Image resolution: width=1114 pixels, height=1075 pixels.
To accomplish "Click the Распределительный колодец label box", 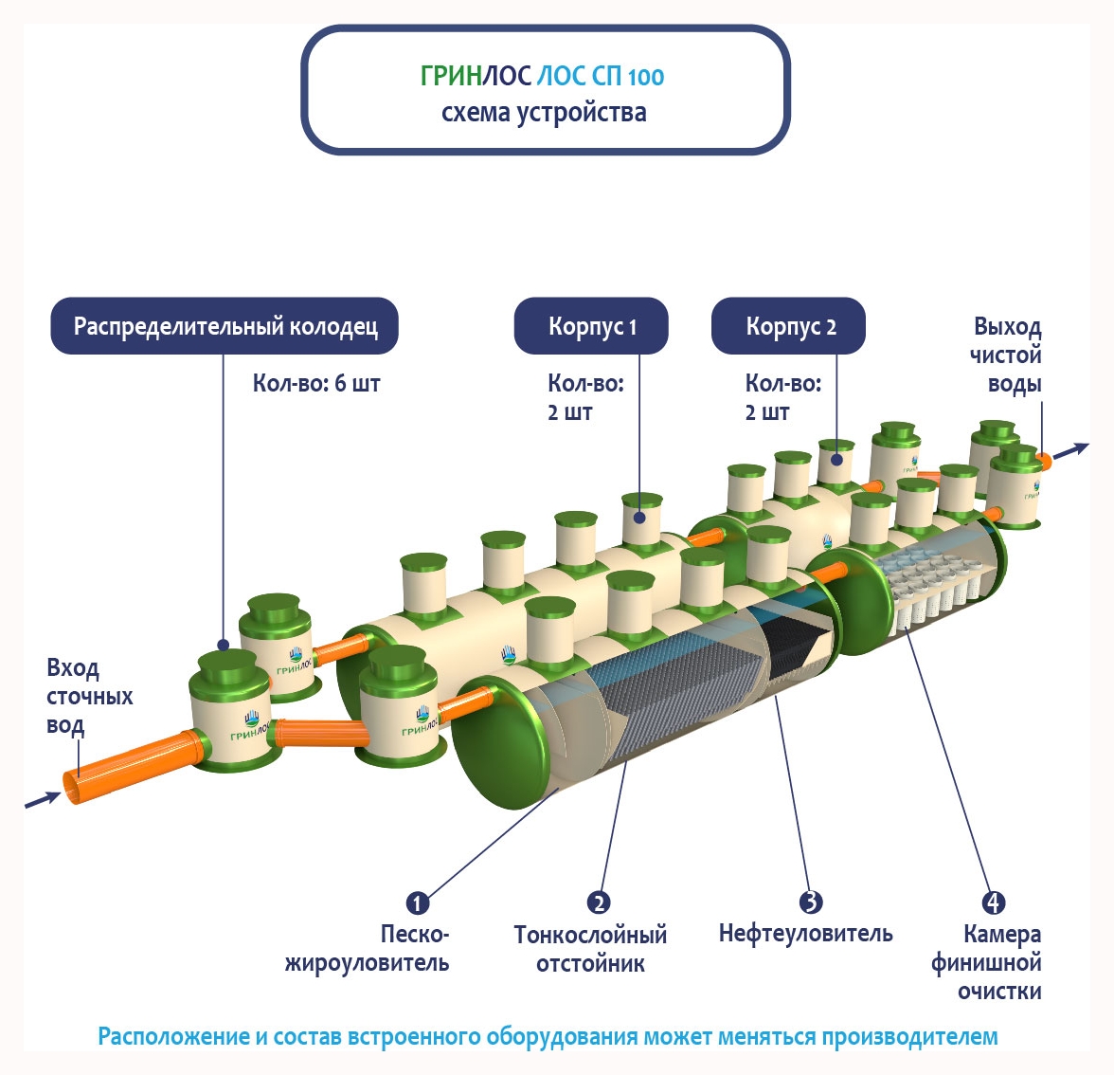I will click(x=225, y=327).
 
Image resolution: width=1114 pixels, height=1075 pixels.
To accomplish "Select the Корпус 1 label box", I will click(x=592, y=327).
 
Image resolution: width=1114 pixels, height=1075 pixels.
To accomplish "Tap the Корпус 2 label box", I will click(x=789, y=327).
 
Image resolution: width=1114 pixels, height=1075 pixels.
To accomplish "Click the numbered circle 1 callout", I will click(x=417, y=902).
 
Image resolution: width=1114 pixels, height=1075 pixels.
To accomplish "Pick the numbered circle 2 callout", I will click(x=598, y=902).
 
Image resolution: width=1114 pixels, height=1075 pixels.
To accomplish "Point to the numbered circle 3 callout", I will click(x=810, y=902).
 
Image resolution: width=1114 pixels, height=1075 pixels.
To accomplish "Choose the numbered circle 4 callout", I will click(x=993, y=902).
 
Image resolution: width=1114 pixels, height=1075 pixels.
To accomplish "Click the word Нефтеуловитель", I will click(x=805, y=934).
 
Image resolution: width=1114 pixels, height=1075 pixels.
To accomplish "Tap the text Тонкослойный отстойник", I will click(x=590, y=949).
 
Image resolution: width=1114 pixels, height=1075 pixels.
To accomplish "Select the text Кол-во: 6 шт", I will click(x=316, y=384).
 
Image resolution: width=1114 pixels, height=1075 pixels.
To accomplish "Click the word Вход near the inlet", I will click(x=73, y=668).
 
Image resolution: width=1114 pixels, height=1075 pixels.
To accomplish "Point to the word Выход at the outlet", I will click(x=1007, y=327).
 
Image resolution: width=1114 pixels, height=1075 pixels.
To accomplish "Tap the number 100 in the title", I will click(x=645, y=77).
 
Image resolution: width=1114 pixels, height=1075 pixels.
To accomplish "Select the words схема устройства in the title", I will click(x=544, y=113).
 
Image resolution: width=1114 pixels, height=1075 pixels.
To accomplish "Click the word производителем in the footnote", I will click(x=909, y=1036).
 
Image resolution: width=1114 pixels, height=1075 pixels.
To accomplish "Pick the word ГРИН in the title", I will click(x=451, y=76).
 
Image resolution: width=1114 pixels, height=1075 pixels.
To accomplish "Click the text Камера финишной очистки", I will click(x=987, y=962).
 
